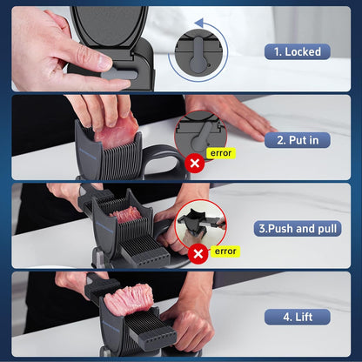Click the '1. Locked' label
point(298,52)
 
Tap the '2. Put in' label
point(298,140)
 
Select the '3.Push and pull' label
point(298,229)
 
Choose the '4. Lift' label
point(298,317)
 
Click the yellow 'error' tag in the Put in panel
point(221,153)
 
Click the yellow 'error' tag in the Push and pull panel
point(225,251)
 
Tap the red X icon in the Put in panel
point(195,163)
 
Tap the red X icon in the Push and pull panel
point(198,254)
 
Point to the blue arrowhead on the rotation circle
point(199,23)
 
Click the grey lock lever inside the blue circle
point(198,57)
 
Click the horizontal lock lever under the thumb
point(120,74)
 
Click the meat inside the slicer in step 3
point(126,215)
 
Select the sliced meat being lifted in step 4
point(128,300)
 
